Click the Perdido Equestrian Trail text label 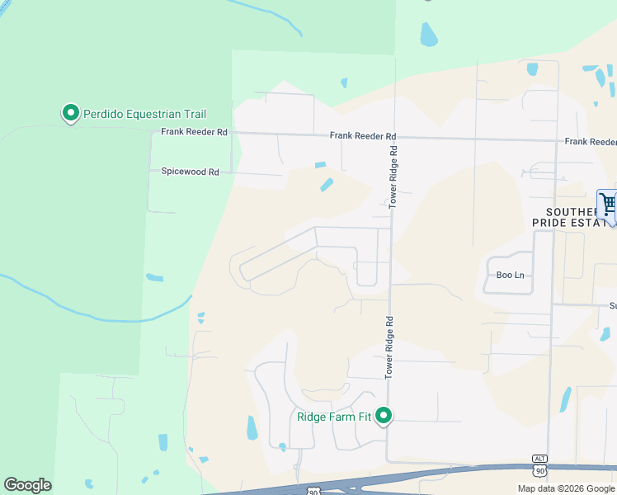(144, 114)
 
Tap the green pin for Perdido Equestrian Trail (71, 113)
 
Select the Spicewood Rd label (191, 172)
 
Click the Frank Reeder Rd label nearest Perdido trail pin (194, 132)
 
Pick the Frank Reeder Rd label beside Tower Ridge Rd (363, 136)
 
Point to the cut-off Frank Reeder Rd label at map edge (591, 142)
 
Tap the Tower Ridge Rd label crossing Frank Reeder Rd (393, 176)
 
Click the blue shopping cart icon (608, 203)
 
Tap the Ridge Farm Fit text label (333, 417)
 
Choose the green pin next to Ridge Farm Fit (384, 417)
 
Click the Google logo (28, 485)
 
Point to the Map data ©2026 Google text (566, 488)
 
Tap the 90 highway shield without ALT (313, 492)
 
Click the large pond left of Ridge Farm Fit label (252, 427)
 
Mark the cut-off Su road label (613, 306)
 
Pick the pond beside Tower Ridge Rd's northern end (428, 34)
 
